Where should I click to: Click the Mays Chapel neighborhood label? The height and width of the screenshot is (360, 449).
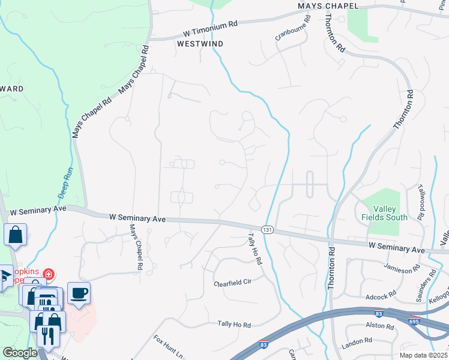pos(328,6)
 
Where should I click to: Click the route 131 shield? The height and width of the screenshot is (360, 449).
pos(268,230)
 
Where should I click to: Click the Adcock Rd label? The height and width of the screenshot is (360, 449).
pos(381,296)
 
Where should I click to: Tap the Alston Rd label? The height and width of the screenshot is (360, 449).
pos(379,327)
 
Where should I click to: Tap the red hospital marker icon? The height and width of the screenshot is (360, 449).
pos(48,275)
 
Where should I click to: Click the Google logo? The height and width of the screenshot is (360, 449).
pos(20,353)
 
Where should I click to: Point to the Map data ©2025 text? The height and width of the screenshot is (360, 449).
pos(423,355)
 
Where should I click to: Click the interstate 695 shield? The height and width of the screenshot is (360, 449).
pos(414,322)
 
